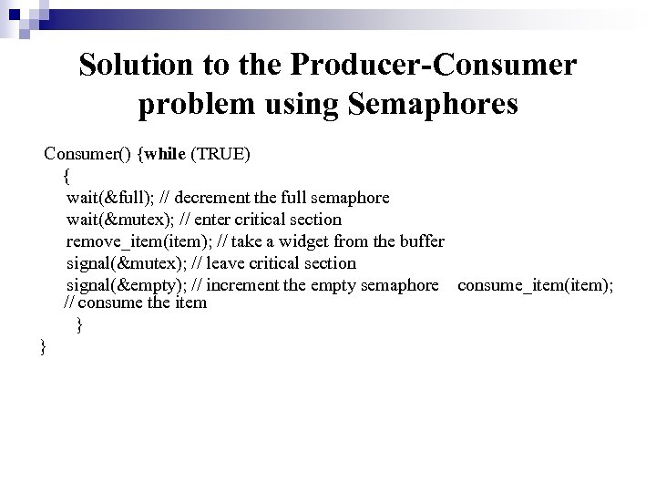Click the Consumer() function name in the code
click(87, 153)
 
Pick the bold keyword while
click(164, 153)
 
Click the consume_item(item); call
click(536, 284)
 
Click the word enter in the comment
click(224, 219)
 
